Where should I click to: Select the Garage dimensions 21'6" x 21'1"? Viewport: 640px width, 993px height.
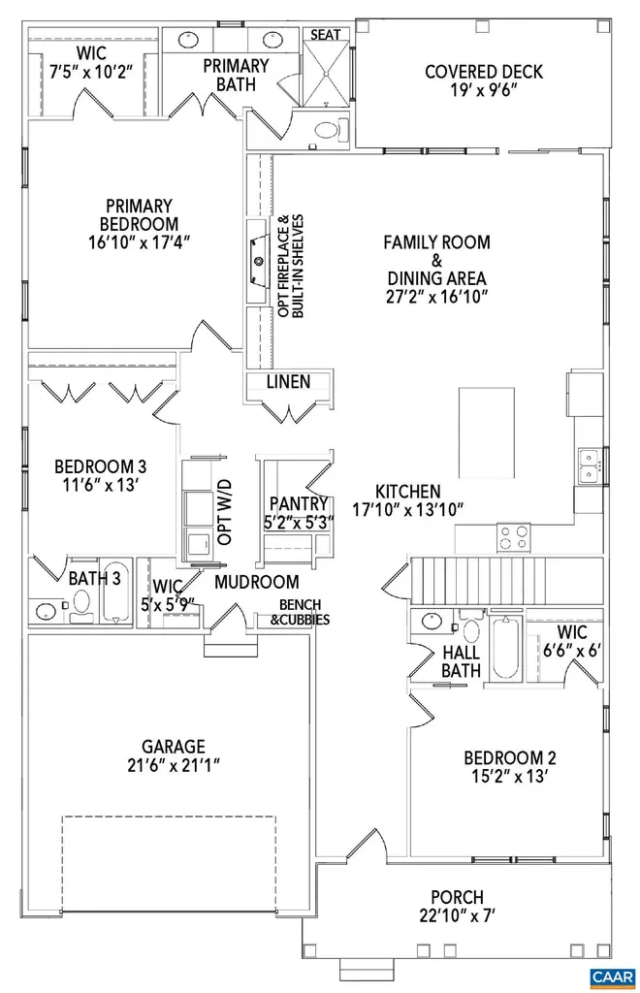(x=174, y=767)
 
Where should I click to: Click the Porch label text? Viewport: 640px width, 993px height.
(x=457, y=898)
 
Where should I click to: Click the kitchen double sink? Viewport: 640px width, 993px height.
(x=588, y=465)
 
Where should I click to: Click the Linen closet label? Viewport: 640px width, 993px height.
(x=288, y=382)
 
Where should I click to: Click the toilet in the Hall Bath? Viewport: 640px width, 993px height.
(x=471, y=630)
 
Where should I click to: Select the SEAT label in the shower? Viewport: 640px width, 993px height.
(x=325, y=34)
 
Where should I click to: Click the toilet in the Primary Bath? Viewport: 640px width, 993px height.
(x=329, y=129)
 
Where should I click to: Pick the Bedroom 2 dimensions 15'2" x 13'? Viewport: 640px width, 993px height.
(x=509, y=778)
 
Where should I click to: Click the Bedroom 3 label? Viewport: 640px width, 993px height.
(x=87, y=464)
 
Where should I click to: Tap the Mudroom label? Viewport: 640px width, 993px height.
(x=256, y=583)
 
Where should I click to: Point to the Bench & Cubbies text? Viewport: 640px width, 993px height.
(x=300, y=612)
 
